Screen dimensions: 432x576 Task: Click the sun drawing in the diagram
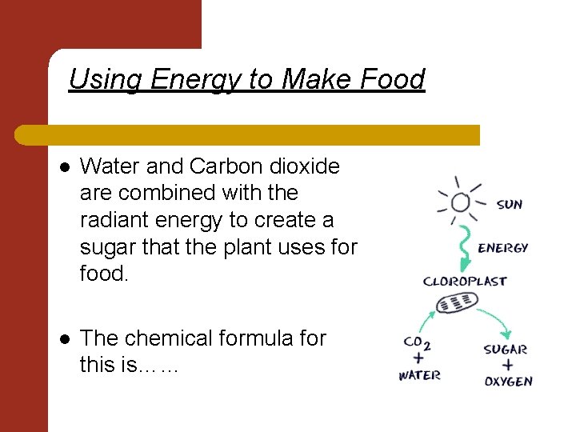click(460, 201)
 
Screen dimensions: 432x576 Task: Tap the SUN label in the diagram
click(509, 205)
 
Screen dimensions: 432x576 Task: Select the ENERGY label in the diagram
click(502, 248)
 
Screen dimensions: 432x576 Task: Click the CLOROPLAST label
click(464, 281)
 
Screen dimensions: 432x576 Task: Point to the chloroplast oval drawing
click(458, 302)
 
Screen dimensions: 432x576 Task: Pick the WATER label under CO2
click(419, 375)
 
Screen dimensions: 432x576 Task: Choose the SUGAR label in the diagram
click(506, 349)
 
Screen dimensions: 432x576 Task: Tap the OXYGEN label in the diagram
click(508, 381)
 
